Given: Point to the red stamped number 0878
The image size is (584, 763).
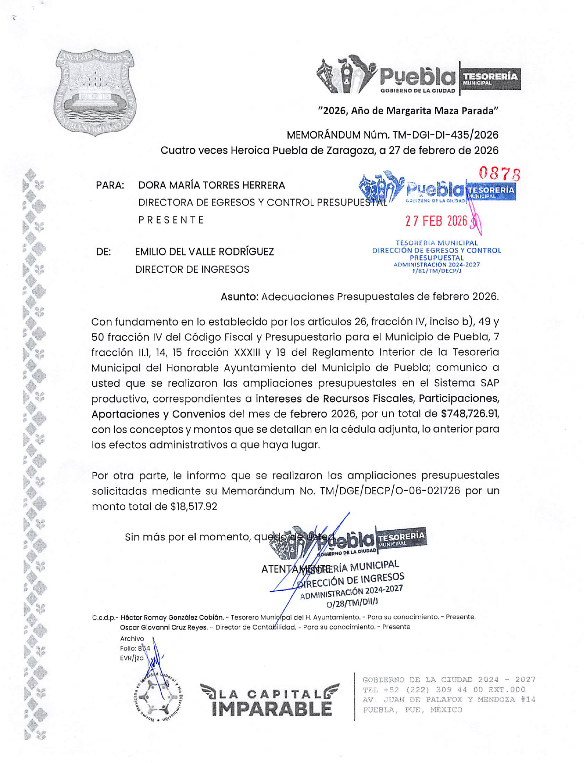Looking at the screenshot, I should [x=500, y=174].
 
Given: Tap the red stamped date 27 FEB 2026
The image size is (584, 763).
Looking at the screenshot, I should [x=436, y=221].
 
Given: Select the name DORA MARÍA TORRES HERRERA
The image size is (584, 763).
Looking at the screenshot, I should [x=211, y=185].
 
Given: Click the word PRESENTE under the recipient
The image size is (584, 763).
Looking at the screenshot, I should [x=171, y=220].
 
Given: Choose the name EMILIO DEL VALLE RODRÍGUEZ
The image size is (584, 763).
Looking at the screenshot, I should [x=204, y=252].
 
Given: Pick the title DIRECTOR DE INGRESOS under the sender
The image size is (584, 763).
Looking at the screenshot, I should [x=192, y=269].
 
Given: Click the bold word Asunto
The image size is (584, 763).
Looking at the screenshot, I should [x=239, y=297].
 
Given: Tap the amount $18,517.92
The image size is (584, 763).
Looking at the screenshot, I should [x=193, y=506].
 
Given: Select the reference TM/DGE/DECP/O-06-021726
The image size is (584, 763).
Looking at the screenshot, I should [x=390, y=490].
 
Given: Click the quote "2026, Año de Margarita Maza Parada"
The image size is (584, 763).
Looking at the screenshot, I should [x=408, y=110].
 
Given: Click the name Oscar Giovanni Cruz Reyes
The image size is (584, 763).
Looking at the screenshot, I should [x=163, y=627].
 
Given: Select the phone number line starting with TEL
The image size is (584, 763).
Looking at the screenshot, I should [x=444, y=690].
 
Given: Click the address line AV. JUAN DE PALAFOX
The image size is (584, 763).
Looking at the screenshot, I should [x=449, y=699].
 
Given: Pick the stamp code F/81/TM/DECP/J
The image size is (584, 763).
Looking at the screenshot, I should [x=436, y=271].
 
